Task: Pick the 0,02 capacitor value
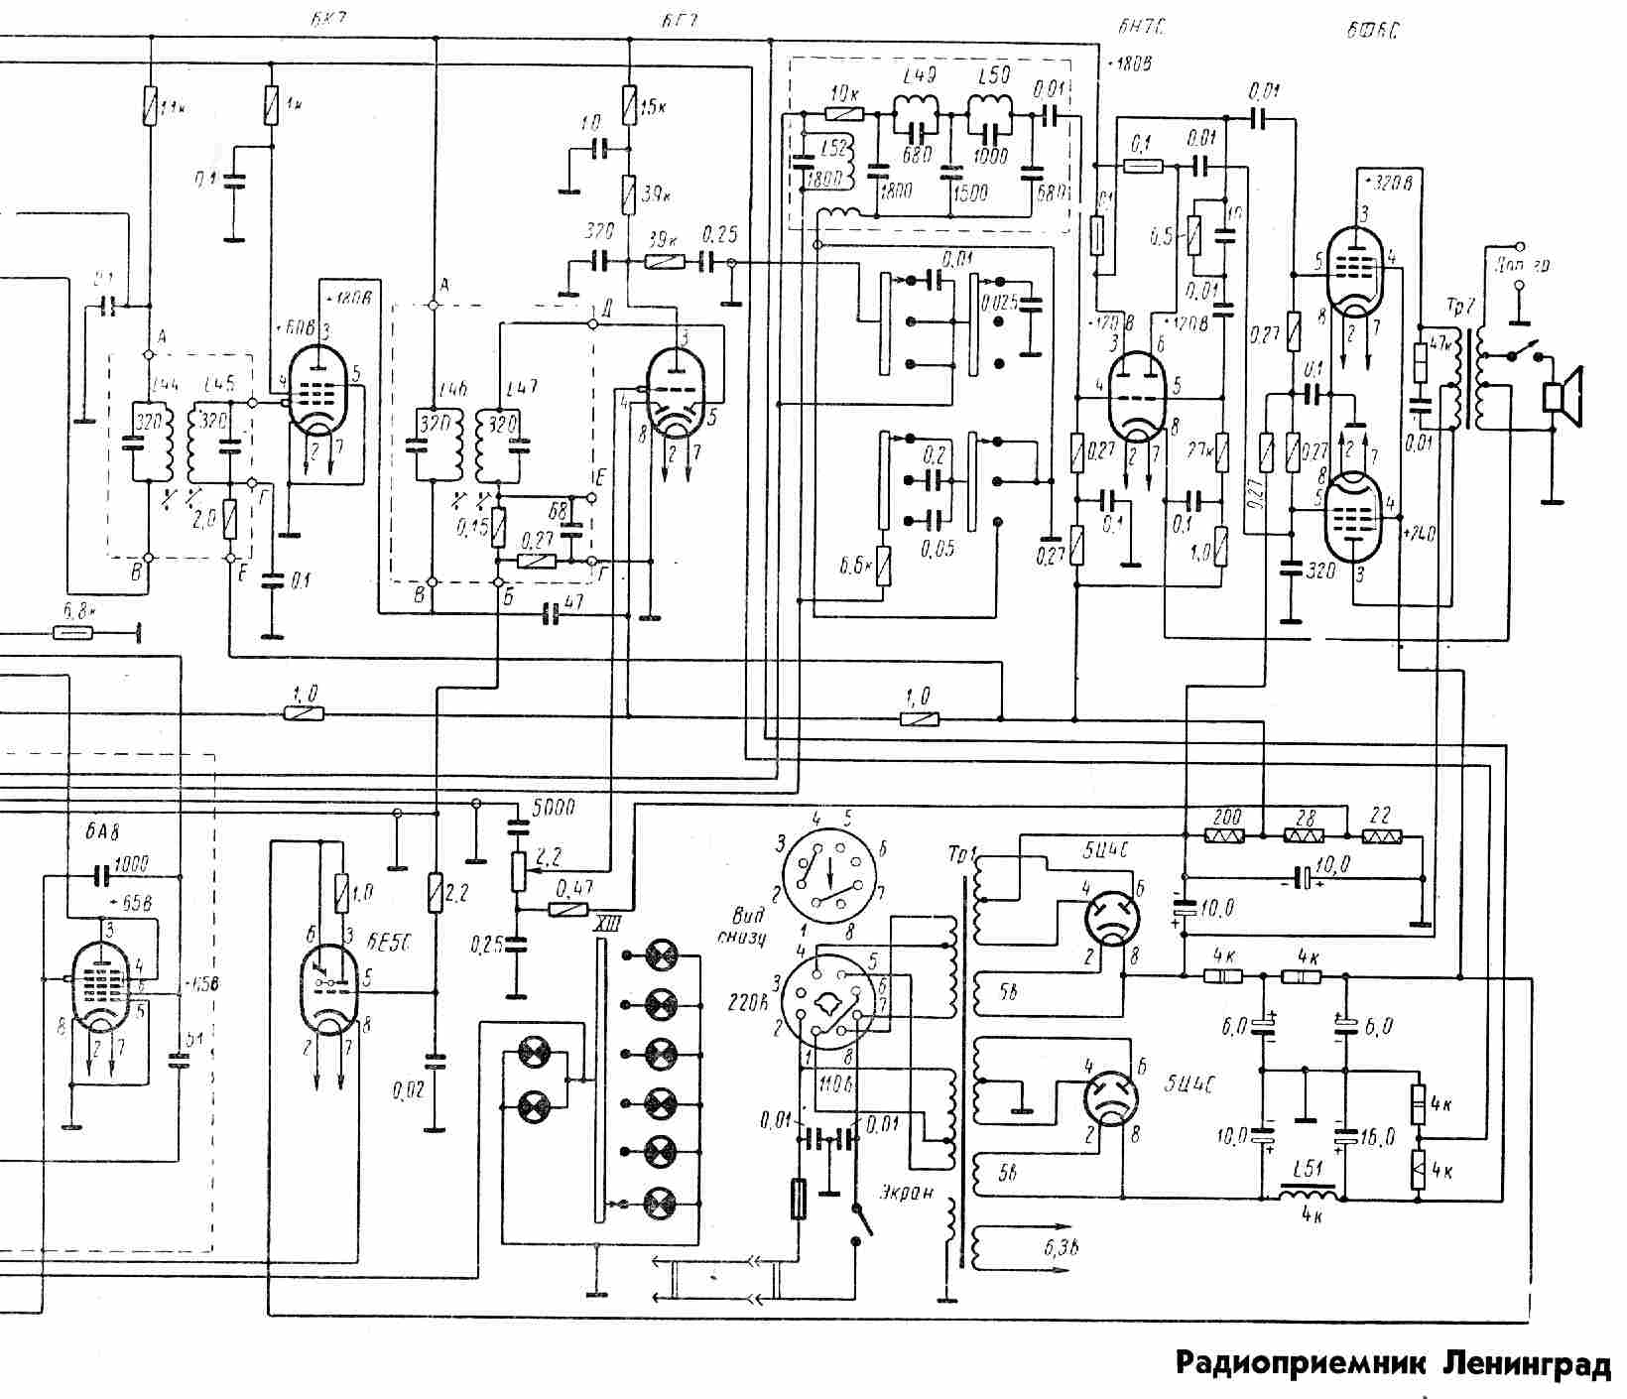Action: (408, 1091)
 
